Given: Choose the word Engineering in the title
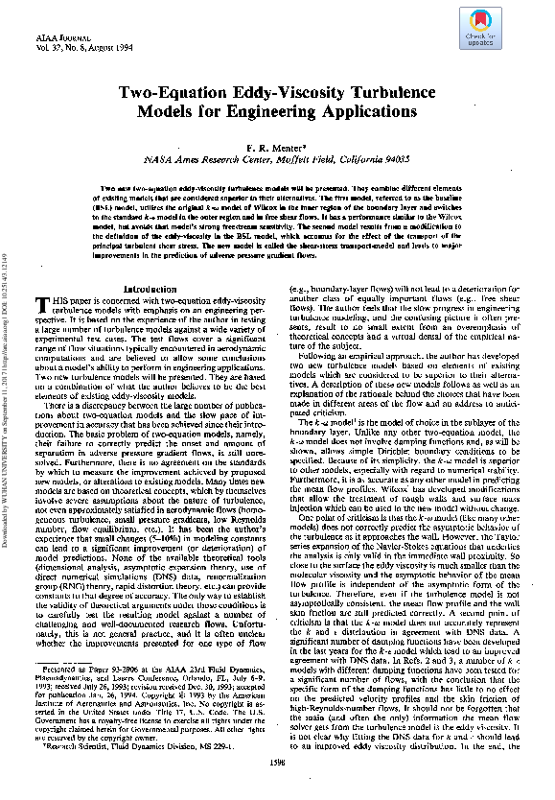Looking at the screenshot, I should pos(265,111).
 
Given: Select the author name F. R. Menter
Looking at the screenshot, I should pos(277,149).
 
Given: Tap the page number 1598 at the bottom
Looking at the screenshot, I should pos(277,790).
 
